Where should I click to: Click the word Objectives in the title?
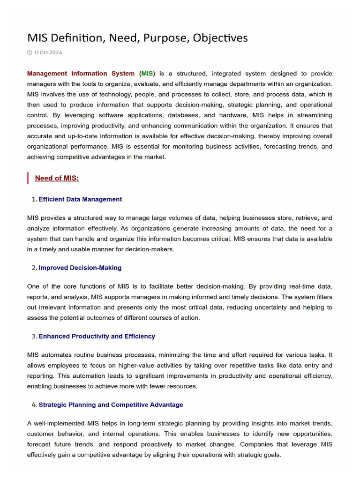(x=221, y=38)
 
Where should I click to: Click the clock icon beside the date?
(x=30, y=52)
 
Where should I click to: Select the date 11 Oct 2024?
(x=48, y=52)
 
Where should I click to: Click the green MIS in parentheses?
(x=147, y=74)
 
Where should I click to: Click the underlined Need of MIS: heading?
(x=57, y=178)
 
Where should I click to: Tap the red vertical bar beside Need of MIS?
(x=28, y=178)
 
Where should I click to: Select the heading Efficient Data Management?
(x=80, y=199)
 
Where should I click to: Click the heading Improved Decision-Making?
(x=80, y=268)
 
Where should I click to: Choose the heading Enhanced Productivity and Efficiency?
(x=97, y=336)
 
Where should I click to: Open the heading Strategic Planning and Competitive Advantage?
(x=111, y=405)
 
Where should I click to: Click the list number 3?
(x=34, y=336)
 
